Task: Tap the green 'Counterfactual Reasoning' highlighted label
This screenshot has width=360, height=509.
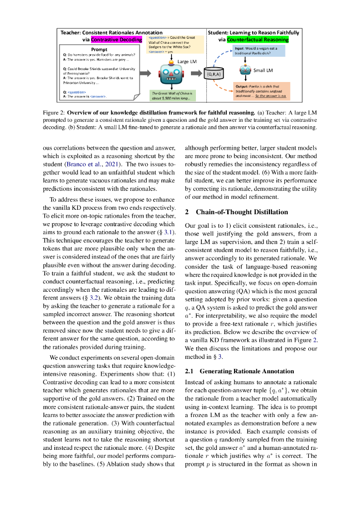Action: [258, 39]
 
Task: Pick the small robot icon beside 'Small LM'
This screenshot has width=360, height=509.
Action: [245, 70]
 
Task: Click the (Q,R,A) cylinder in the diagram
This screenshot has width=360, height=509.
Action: [215, 73]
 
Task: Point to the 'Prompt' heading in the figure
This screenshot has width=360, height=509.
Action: [99, 50]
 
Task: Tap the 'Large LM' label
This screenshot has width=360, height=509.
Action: [187, 61]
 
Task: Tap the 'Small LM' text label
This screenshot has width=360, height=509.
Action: [264, 71]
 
